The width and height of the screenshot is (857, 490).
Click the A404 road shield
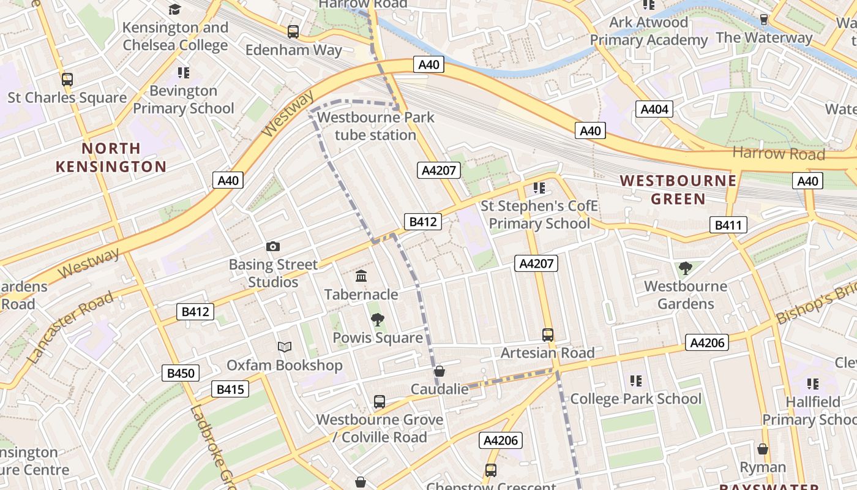point(654,110)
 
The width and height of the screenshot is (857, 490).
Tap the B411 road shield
point(728,225)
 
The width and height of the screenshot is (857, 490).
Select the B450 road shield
point(181,373)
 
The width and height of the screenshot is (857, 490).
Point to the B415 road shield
point(230,389)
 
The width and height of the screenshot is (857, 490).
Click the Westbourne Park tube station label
point(376,126)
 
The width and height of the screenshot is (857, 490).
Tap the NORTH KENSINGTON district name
point(111,157)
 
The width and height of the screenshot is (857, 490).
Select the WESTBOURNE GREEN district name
point(678,189)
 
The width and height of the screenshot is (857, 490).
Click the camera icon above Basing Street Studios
point(273,247)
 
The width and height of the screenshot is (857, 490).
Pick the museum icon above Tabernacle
point(361,276)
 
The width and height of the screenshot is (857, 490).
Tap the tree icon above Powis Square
point(378,319)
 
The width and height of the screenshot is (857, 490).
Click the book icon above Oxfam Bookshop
point(285,347)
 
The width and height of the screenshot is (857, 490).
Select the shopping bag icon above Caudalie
point(439,371)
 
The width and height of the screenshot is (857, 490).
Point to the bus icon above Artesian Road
point(548,335)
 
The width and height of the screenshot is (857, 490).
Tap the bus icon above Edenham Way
point(293,31)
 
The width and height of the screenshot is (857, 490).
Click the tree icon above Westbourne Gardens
point(686,268)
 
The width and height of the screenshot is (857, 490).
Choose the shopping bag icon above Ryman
point(763,450)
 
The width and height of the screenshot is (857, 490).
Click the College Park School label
point(636,399)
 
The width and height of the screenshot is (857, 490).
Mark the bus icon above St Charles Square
point(67,79)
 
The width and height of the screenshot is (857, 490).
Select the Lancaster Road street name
point(71,328)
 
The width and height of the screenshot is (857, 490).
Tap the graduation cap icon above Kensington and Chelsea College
point(175,9)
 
